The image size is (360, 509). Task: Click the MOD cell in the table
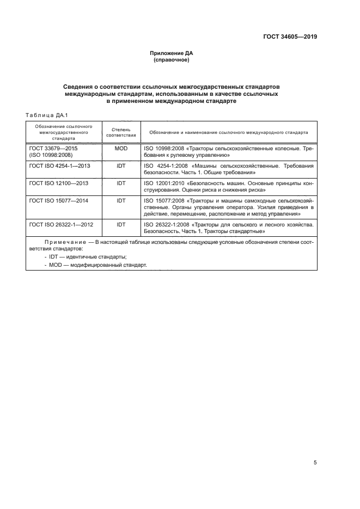[121, 148]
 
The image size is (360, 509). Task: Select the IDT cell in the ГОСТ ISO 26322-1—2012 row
[121, 224]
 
